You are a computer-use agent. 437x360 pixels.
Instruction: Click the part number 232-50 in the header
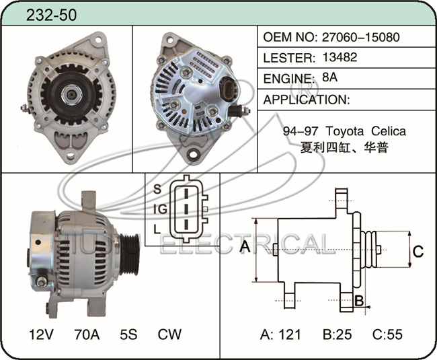tap(51, 15)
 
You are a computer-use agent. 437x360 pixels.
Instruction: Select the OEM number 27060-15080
tap(361, 37)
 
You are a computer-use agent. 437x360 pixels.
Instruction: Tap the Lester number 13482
tap(340, 57)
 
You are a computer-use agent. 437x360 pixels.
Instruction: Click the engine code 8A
tap(329, 77)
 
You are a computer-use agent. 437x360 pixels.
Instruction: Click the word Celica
tap(389, 131)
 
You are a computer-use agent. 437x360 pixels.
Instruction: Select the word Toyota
tap(344, 131)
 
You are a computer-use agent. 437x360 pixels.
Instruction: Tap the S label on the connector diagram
tap(157, 189)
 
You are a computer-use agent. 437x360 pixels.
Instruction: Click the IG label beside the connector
tap(160, 209)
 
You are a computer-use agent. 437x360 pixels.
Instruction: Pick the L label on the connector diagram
tap(157, 229)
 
